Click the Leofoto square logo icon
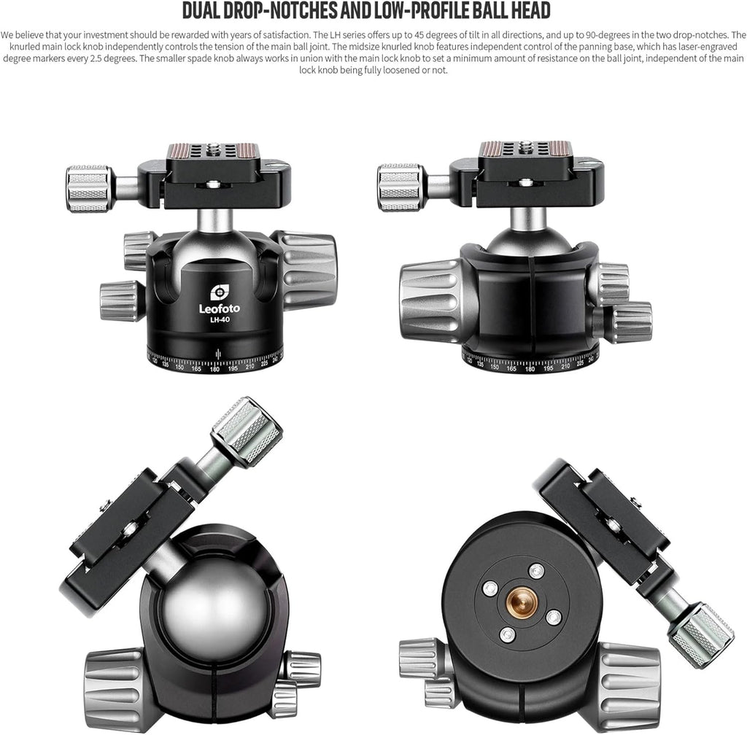tap(219, 293)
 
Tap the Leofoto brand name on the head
tap(219, 308)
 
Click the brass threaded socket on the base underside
tap(522, 602)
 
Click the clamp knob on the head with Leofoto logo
tap(89, 189)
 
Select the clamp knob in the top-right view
tap(401, 187)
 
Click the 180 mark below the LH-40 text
tap(215, 368)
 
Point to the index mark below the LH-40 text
tap(219, 354)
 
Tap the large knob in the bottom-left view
tap(115, 688)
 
